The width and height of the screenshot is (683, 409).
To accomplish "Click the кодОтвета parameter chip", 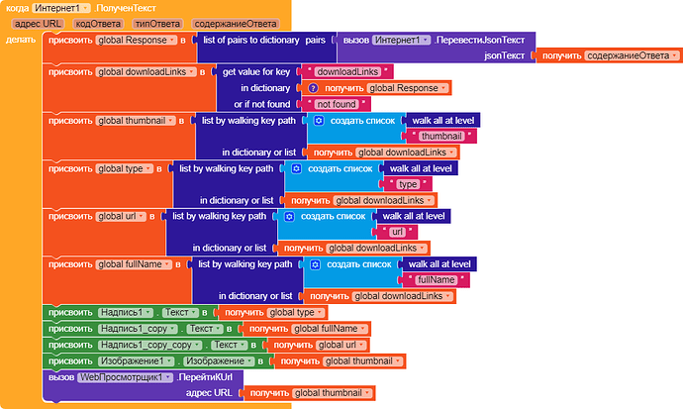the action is click(98, 24).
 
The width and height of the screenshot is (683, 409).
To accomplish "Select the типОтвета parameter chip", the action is click(157, 24).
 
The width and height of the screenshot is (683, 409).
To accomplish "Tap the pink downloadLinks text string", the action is click(347, 72).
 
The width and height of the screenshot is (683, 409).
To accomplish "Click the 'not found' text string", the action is click(337, 104).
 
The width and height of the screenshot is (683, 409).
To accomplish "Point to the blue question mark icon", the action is click(313, 88).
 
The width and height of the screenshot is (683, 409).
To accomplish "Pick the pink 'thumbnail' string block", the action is click(441, 137).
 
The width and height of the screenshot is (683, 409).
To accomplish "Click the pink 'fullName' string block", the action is click(436, 280).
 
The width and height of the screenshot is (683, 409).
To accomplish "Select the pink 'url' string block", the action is click(397, 232).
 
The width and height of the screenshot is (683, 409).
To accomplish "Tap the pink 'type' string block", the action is click(408, 184).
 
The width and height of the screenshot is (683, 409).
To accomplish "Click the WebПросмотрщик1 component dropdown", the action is click(126, 377).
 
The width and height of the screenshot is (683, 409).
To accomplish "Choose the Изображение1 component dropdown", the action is click(136, 361).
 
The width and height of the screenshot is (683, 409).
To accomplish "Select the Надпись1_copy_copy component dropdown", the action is click(149, 345).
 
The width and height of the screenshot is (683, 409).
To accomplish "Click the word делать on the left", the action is click(21, 40).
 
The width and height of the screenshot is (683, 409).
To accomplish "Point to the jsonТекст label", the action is click(504, 55).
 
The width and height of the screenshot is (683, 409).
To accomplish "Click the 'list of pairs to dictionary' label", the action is click(250, 40).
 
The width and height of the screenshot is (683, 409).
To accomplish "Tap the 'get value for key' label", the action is click(256, 72).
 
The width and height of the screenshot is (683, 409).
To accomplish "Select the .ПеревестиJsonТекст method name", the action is click(479, 40).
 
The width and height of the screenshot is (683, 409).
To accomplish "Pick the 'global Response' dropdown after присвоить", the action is click(137, 40).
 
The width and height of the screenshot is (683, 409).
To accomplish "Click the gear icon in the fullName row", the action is click(316, 264).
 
